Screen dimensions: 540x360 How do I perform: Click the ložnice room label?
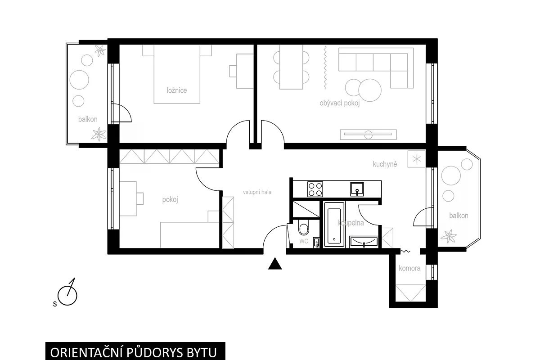coord(177,90)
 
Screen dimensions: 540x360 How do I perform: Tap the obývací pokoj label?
coord(339,103)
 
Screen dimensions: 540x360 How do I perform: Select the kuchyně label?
coord(385,164)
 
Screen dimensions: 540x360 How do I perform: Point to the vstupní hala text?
coord(257,192)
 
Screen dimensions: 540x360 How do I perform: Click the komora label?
coord(409,268)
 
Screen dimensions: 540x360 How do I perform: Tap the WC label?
coord(304,241)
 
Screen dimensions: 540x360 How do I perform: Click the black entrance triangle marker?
coord(275,264)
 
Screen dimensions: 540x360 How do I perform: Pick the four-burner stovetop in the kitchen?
coord(315,189)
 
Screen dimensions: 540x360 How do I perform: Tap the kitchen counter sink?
coord(357,189)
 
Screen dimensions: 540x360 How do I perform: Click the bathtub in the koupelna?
coord(334,225)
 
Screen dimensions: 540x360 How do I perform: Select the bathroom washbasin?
coord(364,242)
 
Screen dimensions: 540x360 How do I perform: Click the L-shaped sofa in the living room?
coord(376,68)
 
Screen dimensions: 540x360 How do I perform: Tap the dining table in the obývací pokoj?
coord(291,67)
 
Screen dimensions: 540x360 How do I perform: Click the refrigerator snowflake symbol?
coord(416,159)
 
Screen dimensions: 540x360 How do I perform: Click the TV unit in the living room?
coord(368,135)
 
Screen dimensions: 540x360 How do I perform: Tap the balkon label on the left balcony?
coord(88,119)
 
